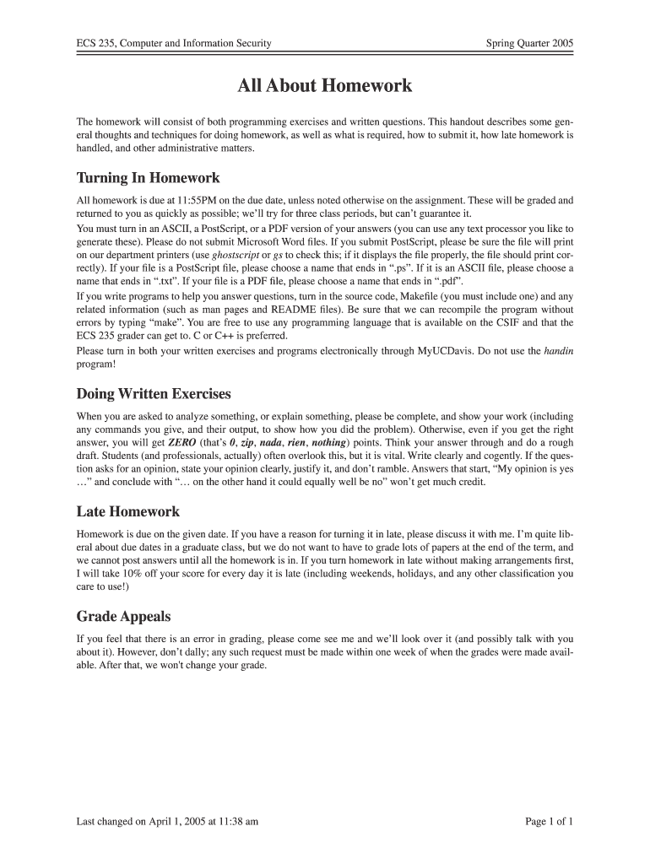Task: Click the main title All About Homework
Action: click(x=325, y=86)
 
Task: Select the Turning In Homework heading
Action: click(x=148, y=178)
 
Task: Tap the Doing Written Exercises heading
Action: click(x=154, y=394)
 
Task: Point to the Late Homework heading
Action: click(x=127, y=511)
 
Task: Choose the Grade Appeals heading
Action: click(x=123, y=615)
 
